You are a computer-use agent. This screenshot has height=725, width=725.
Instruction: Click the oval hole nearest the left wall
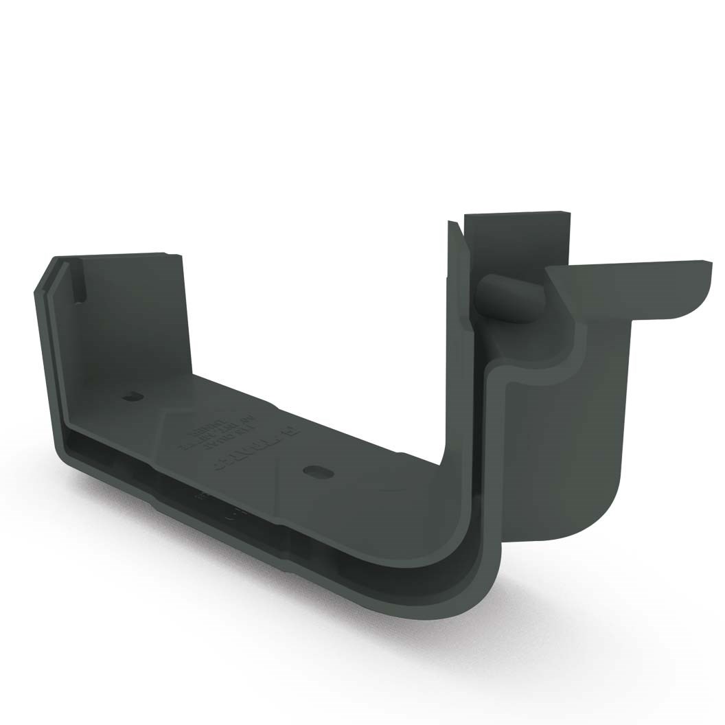click(133, 397)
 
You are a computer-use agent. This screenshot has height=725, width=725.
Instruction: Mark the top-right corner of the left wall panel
click(180, 257)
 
